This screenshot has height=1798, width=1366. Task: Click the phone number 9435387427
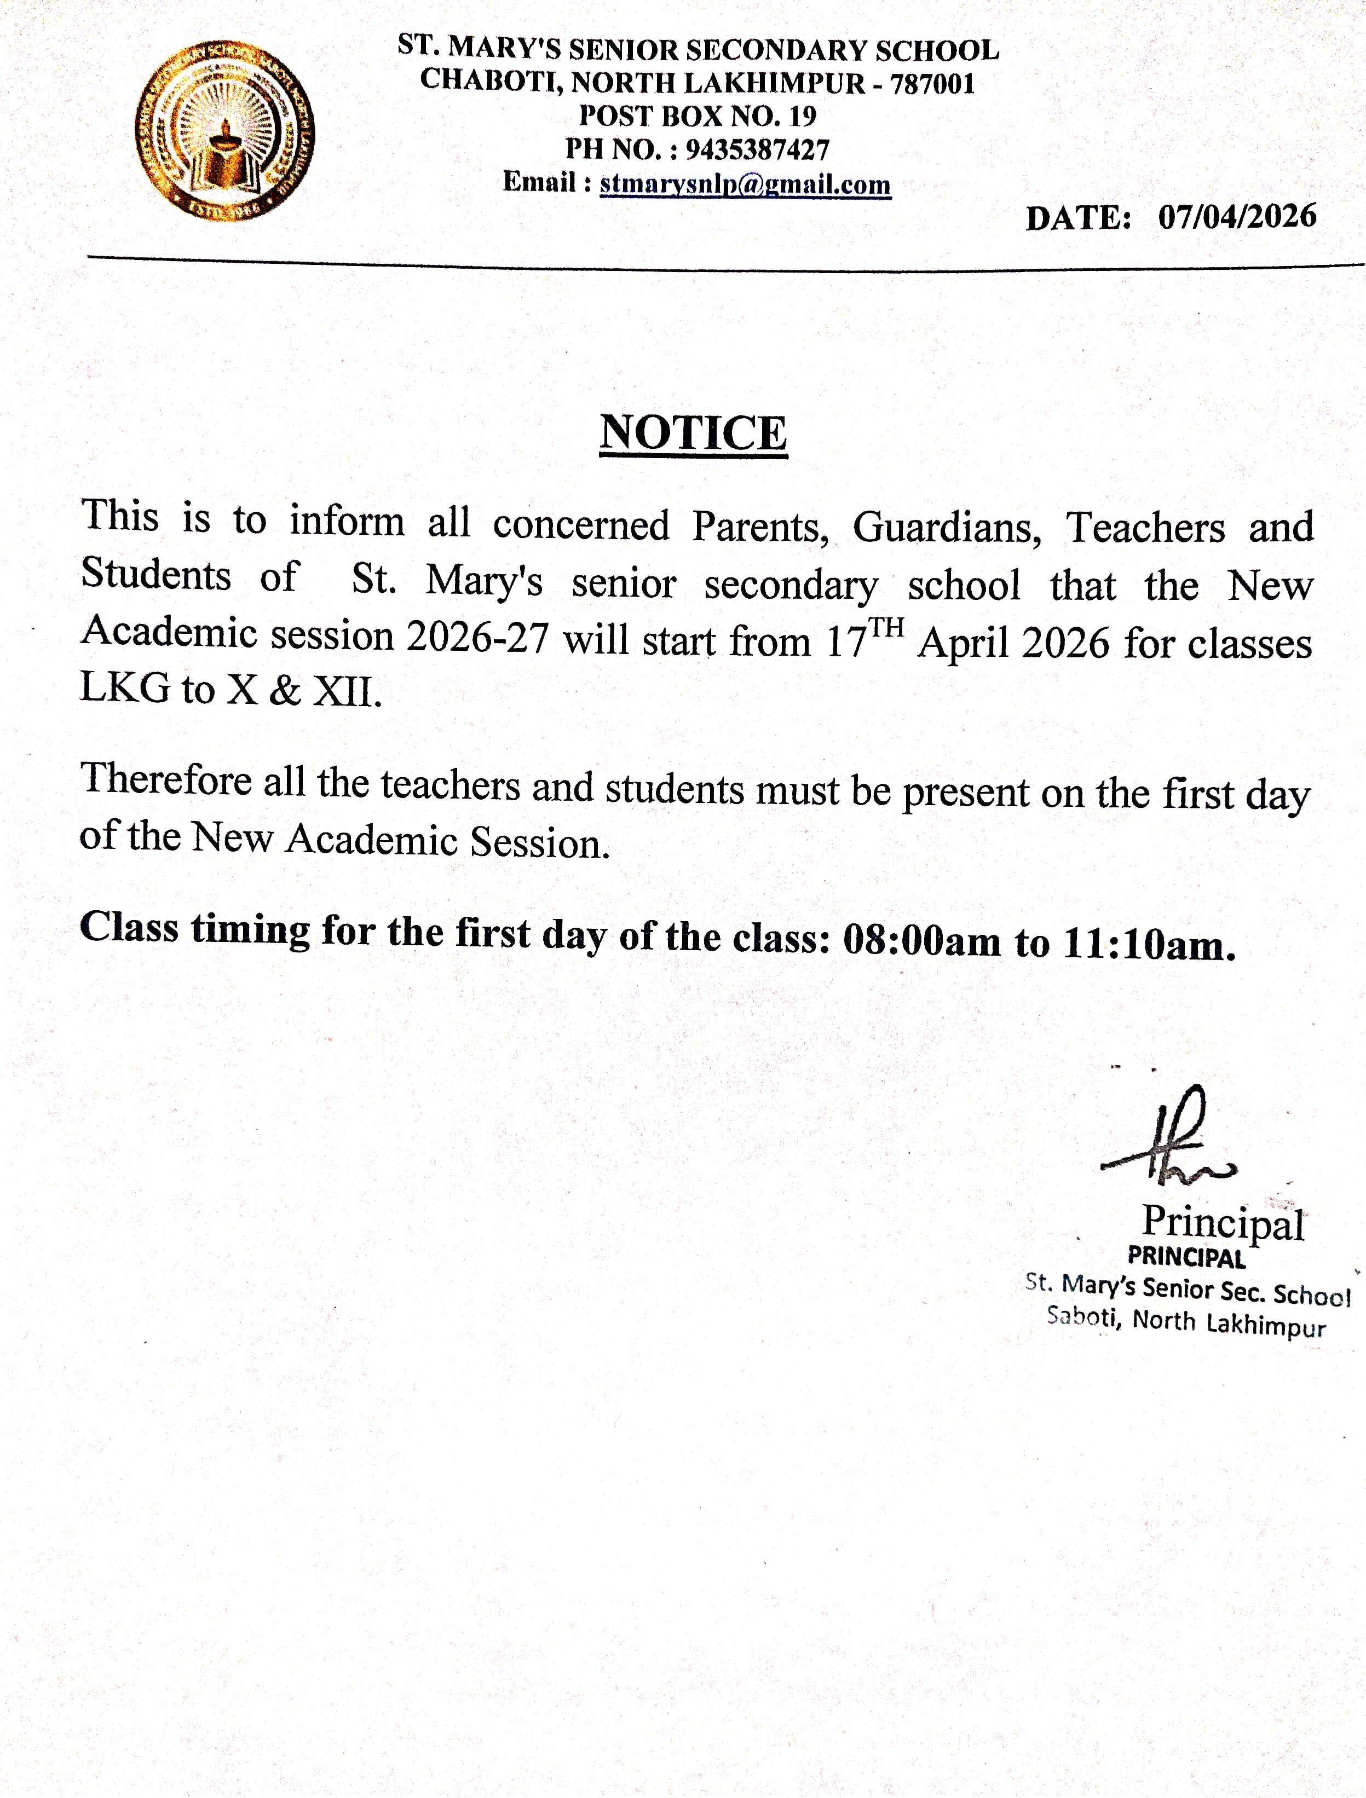click(757, 149)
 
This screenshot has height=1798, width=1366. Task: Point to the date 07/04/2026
click(1237, 216)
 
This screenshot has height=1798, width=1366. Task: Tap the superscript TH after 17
click(887, 627)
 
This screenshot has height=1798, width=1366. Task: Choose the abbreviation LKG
click(125, 687)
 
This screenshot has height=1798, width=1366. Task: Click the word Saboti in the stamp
click(1081, 1316)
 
